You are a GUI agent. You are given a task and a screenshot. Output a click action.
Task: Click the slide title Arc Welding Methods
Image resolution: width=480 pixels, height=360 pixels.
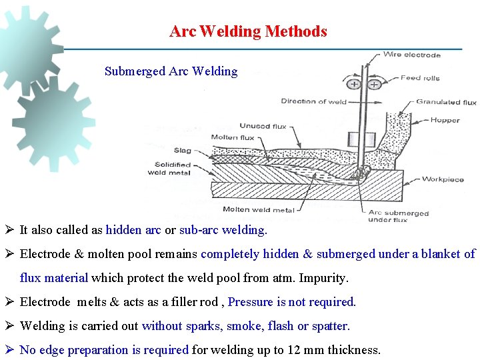248,31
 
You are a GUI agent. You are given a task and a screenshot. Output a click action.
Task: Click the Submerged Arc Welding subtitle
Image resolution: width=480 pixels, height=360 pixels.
171,71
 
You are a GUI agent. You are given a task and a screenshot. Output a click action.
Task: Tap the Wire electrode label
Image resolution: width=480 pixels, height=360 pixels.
411,55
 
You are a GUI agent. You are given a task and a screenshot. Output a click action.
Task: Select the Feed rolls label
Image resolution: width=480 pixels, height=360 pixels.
420,78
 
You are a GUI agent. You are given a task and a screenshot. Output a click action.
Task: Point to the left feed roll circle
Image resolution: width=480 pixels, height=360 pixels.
353,85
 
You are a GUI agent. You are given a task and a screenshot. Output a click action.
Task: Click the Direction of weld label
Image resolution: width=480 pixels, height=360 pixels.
314,101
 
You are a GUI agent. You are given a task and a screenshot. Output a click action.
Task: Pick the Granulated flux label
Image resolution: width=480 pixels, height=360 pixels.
446,102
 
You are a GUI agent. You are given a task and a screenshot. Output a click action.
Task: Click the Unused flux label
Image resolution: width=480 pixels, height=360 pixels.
255,126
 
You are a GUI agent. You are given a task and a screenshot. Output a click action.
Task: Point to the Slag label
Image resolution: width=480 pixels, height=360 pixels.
182,151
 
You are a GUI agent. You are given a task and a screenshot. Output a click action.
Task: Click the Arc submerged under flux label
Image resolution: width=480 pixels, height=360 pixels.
389,216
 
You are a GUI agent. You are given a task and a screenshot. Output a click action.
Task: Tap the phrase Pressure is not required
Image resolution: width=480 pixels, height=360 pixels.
292,302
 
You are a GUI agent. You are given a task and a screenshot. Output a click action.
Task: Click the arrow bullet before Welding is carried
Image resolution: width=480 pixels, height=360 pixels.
10,326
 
